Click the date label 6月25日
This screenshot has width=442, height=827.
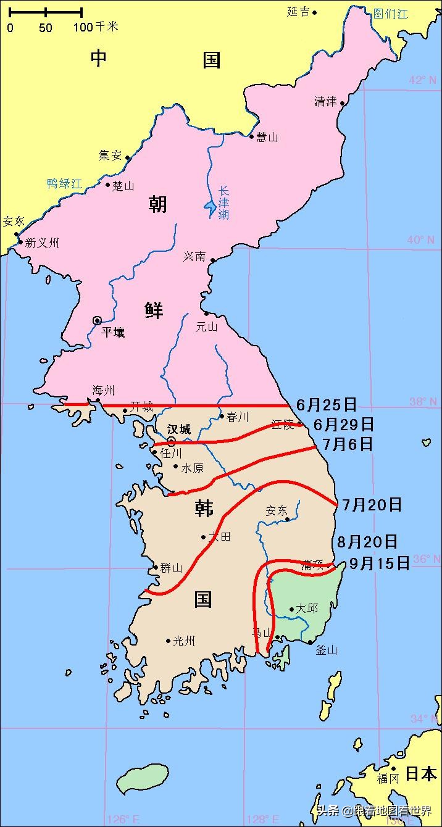pos(327,405)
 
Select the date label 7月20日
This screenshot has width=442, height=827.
pos(372,505)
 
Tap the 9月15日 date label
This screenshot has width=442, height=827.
pos(379,563)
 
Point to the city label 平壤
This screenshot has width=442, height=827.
pos(113,333)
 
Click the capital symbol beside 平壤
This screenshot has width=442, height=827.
pos(97,320)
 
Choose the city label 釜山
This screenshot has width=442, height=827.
pos(326,650)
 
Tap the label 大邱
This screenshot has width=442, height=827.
pos(307,609)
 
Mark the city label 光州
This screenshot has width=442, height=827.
pos(184,641)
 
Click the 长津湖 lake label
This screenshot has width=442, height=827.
pos(223,202)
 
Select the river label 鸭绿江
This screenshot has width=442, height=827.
pos(64,183)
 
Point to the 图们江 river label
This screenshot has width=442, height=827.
pos(390,14)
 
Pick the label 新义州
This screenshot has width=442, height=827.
pos(42,243)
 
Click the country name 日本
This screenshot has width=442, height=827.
pos(421,773)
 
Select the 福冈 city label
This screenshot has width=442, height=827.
pos(388,778)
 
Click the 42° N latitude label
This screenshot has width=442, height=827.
pos(422,80)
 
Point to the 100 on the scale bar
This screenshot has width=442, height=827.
pos(83,27)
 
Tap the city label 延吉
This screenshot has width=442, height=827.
pos(298,12)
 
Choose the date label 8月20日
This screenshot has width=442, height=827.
pos(367,542)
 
